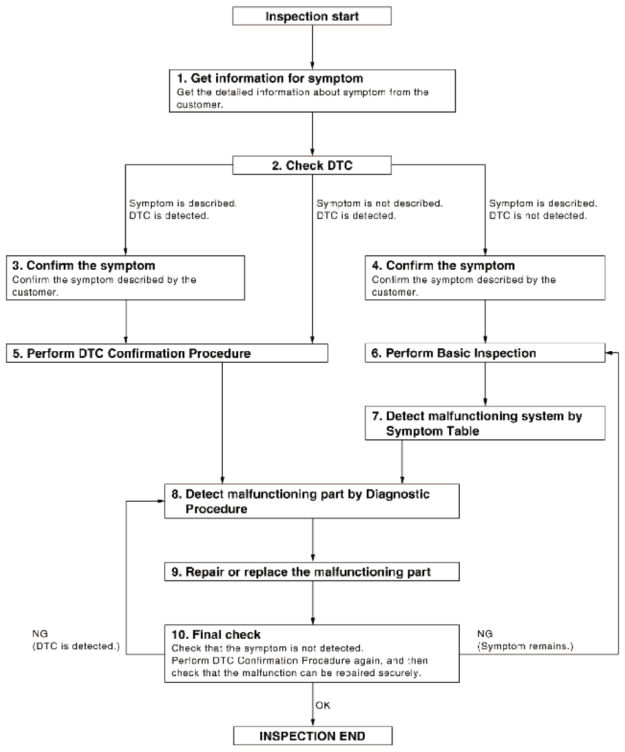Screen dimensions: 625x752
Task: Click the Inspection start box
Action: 312,16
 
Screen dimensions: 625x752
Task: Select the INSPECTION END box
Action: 312,735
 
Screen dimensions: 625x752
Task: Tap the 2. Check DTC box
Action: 312,165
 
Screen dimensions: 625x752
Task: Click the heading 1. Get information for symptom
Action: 270,78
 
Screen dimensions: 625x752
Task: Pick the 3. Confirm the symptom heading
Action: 84,266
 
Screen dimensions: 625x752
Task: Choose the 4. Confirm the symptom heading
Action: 443,266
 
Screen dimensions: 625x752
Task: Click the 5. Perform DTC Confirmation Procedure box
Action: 167,353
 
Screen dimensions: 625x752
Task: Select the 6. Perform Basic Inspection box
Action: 485,352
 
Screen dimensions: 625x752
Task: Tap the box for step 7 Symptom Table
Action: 485,423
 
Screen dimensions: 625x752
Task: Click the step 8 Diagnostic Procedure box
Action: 312,501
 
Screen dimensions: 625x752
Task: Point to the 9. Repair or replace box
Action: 312,571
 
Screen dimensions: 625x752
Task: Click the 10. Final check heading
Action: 216,635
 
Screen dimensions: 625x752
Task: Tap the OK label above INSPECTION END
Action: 323,705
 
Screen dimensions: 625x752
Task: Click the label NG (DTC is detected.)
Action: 76,639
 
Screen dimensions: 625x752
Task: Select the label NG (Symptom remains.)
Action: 525,639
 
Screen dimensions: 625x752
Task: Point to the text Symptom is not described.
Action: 379,203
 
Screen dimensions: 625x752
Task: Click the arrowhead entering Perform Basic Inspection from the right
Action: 608,353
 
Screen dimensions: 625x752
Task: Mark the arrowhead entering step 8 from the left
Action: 161,501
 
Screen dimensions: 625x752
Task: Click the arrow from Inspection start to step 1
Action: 312,47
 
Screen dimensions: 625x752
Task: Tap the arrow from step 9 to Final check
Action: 312,603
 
